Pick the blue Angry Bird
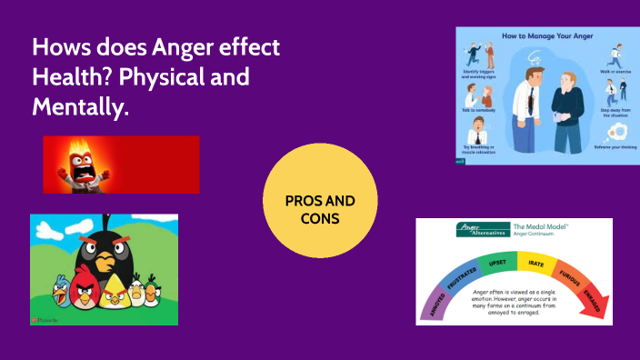click(61, 291)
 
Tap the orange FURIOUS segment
click(571, 276)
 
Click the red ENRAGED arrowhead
click(594, 305)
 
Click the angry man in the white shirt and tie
click(530, 109)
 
